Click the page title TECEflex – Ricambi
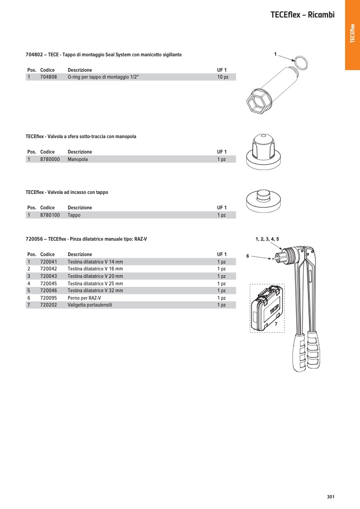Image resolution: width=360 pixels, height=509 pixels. point(302,15)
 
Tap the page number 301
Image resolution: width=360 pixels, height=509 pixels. point(330,497)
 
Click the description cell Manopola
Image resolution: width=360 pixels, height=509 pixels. point(78,159)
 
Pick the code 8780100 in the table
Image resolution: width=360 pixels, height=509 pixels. point(50,215)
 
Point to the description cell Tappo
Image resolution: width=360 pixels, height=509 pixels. point(74,215)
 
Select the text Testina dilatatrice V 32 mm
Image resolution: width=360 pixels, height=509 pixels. point(95,291)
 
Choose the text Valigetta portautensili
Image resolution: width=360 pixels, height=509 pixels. point(90,305)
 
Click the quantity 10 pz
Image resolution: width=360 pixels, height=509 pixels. point(222,77)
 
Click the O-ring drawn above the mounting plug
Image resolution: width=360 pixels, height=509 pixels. point(301,63)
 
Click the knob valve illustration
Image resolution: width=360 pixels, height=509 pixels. point(263,151)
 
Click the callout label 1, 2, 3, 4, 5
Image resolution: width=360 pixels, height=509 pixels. point(267,239)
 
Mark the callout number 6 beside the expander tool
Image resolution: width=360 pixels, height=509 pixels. point(248,256)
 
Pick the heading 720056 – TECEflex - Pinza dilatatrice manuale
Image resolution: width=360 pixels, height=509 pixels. point(86,240)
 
